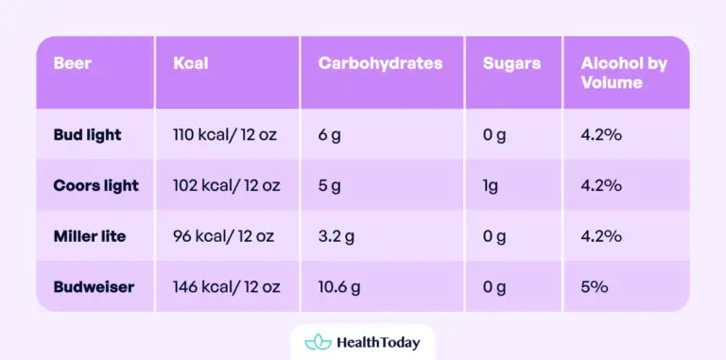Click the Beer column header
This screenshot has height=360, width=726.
(72, 64)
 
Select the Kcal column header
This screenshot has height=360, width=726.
(191, 64)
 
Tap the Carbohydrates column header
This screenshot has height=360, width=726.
(380, 64)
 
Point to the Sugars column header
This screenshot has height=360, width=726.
(511, 64)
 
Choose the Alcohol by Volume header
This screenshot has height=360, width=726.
(624, 73)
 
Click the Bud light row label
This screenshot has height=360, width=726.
(88, 135)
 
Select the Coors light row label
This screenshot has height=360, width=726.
(96, 185)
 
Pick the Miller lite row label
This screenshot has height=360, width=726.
(89, 235)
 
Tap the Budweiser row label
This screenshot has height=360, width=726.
(94, 286)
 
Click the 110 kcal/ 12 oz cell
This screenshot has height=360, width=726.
(224, 135)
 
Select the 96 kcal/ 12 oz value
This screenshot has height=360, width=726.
(224, 235)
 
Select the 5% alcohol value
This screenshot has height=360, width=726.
(594, 286)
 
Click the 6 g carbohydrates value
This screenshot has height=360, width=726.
(329, 135)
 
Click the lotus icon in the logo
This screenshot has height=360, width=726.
(316, 342)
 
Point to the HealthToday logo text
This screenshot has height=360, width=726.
(377, 342)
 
